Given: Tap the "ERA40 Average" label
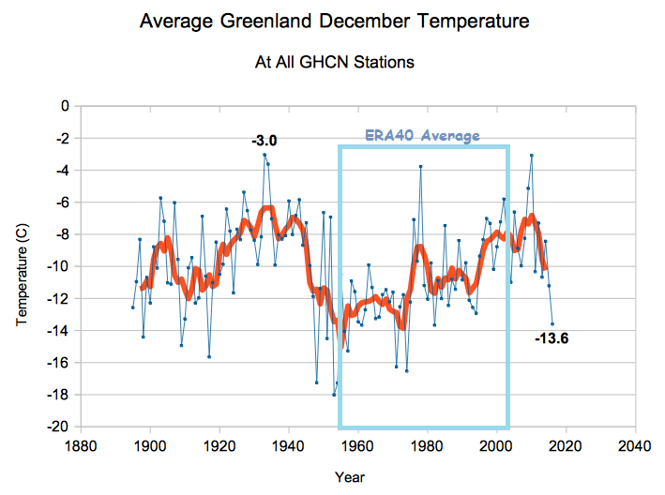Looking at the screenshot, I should pyautogui.click(x=422, y=136).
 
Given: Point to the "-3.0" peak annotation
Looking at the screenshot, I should pyautogui.click(x=264, y=141).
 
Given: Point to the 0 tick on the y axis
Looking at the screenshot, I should pyautogui.click(x=66, y=106).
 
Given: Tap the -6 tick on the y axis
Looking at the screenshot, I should pyautogui.click(x=63, y=202).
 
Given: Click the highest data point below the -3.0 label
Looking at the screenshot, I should pyautogui.click(x=264, y=155).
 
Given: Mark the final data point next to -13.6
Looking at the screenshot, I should pyautogui.click(x=552, y=323).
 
